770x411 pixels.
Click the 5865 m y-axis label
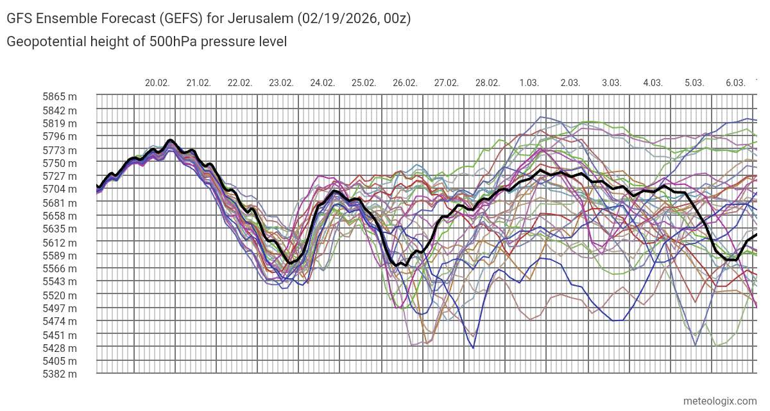(60, 96)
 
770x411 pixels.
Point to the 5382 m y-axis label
(60, 374)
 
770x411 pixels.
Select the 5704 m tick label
(60, 189)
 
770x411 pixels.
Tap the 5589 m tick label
(60, 255)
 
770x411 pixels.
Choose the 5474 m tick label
(60, 321)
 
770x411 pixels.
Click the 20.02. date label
(157, 83)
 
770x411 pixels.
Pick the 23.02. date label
(281, 83)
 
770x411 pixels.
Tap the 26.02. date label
(405, 83)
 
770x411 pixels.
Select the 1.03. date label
(529, 83)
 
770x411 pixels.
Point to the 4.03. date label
(653, 83)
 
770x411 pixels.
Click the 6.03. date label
(735, 83)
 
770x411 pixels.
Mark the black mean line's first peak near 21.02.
(170, 140)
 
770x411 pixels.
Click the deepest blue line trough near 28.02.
(473, 347)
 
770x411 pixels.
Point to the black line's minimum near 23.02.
(290, 263)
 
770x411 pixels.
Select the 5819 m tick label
(60, 123)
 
